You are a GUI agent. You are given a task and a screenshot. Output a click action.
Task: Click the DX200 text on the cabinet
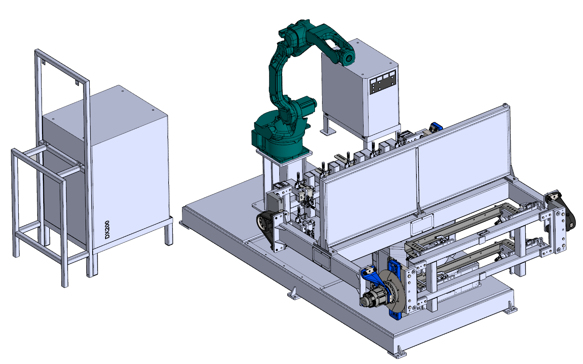[x=107, y=230]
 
